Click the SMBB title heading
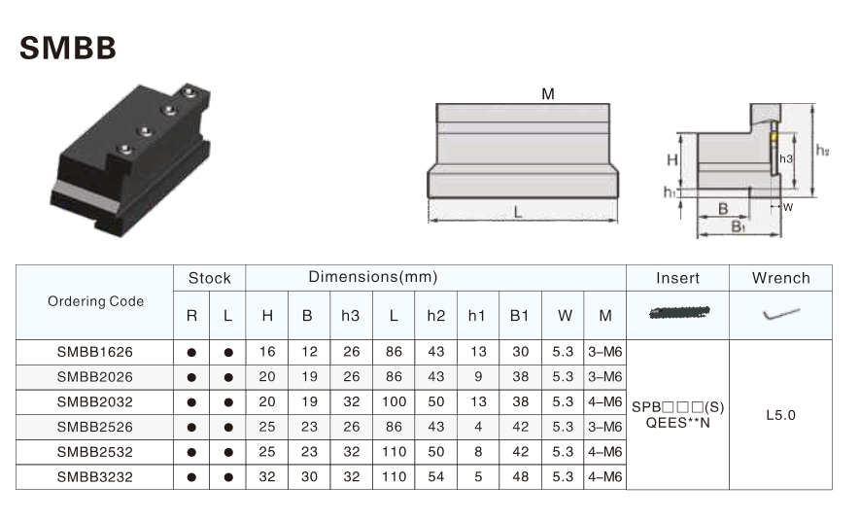[x=68, y=48]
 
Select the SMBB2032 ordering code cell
[x=95, y=400]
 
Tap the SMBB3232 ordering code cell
[x=95, y=476]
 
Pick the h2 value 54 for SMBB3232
[x=435, y=476]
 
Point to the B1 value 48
[x=520, y=476]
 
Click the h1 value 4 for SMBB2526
[x=477, y=426]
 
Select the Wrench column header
[x=780, y=278]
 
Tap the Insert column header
[x=677, y=278]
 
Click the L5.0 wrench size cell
[x=780, y=414]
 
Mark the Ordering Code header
[x=95, y=301]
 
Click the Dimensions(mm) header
[x=372, y=277]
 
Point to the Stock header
[x=209, y=278]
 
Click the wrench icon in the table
[x=780, y=314]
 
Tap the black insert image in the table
[x=677, y=312]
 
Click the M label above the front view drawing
[x=548, y=94]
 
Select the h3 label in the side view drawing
[x=786, y=158]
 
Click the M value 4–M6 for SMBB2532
[x=605, y=451]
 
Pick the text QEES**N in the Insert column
[x=677, y=422]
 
